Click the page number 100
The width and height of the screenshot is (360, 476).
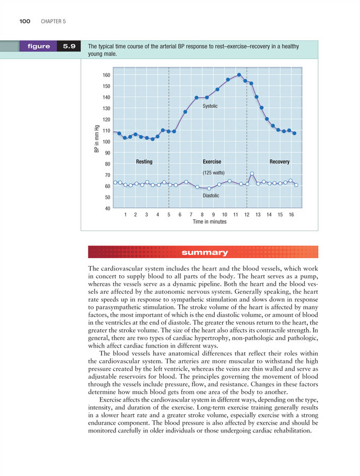click(x=24, y=22)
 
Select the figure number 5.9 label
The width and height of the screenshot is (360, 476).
click(x=69, y=46)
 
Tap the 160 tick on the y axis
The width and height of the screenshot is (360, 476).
click(x=107, y=75)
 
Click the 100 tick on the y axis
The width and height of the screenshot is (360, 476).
click(x=107, y=142)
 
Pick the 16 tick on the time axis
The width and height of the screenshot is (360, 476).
click(x=291, y=215)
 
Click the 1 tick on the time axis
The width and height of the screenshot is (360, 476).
click(x=125, y=215)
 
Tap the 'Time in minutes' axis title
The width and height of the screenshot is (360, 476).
click(x=209, y=222)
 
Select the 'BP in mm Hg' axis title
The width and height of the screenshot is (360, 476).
click(x=97, y=139)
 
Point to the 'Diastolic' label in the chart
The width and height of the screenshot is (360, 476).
click(x=211, y=195)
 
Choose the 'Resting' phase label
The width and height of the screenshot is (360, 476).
click(x=144, y=161)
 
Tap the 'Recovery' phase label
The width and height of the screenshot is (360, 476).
click(x=279, y=161)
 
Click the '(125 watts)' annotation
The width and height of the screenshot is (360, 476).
click(x=213, y=173)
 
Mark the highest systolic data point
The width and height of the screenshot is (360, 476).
click(x=239, y=75)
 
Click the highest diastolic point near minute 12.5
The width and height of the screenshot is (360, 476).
click(x=252, y=174)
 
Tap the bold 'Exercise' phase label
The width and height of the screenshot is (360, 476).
click(x=212, y=161)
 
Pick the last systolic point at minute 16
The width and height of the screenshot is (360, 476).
click(x=294, y=133)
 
